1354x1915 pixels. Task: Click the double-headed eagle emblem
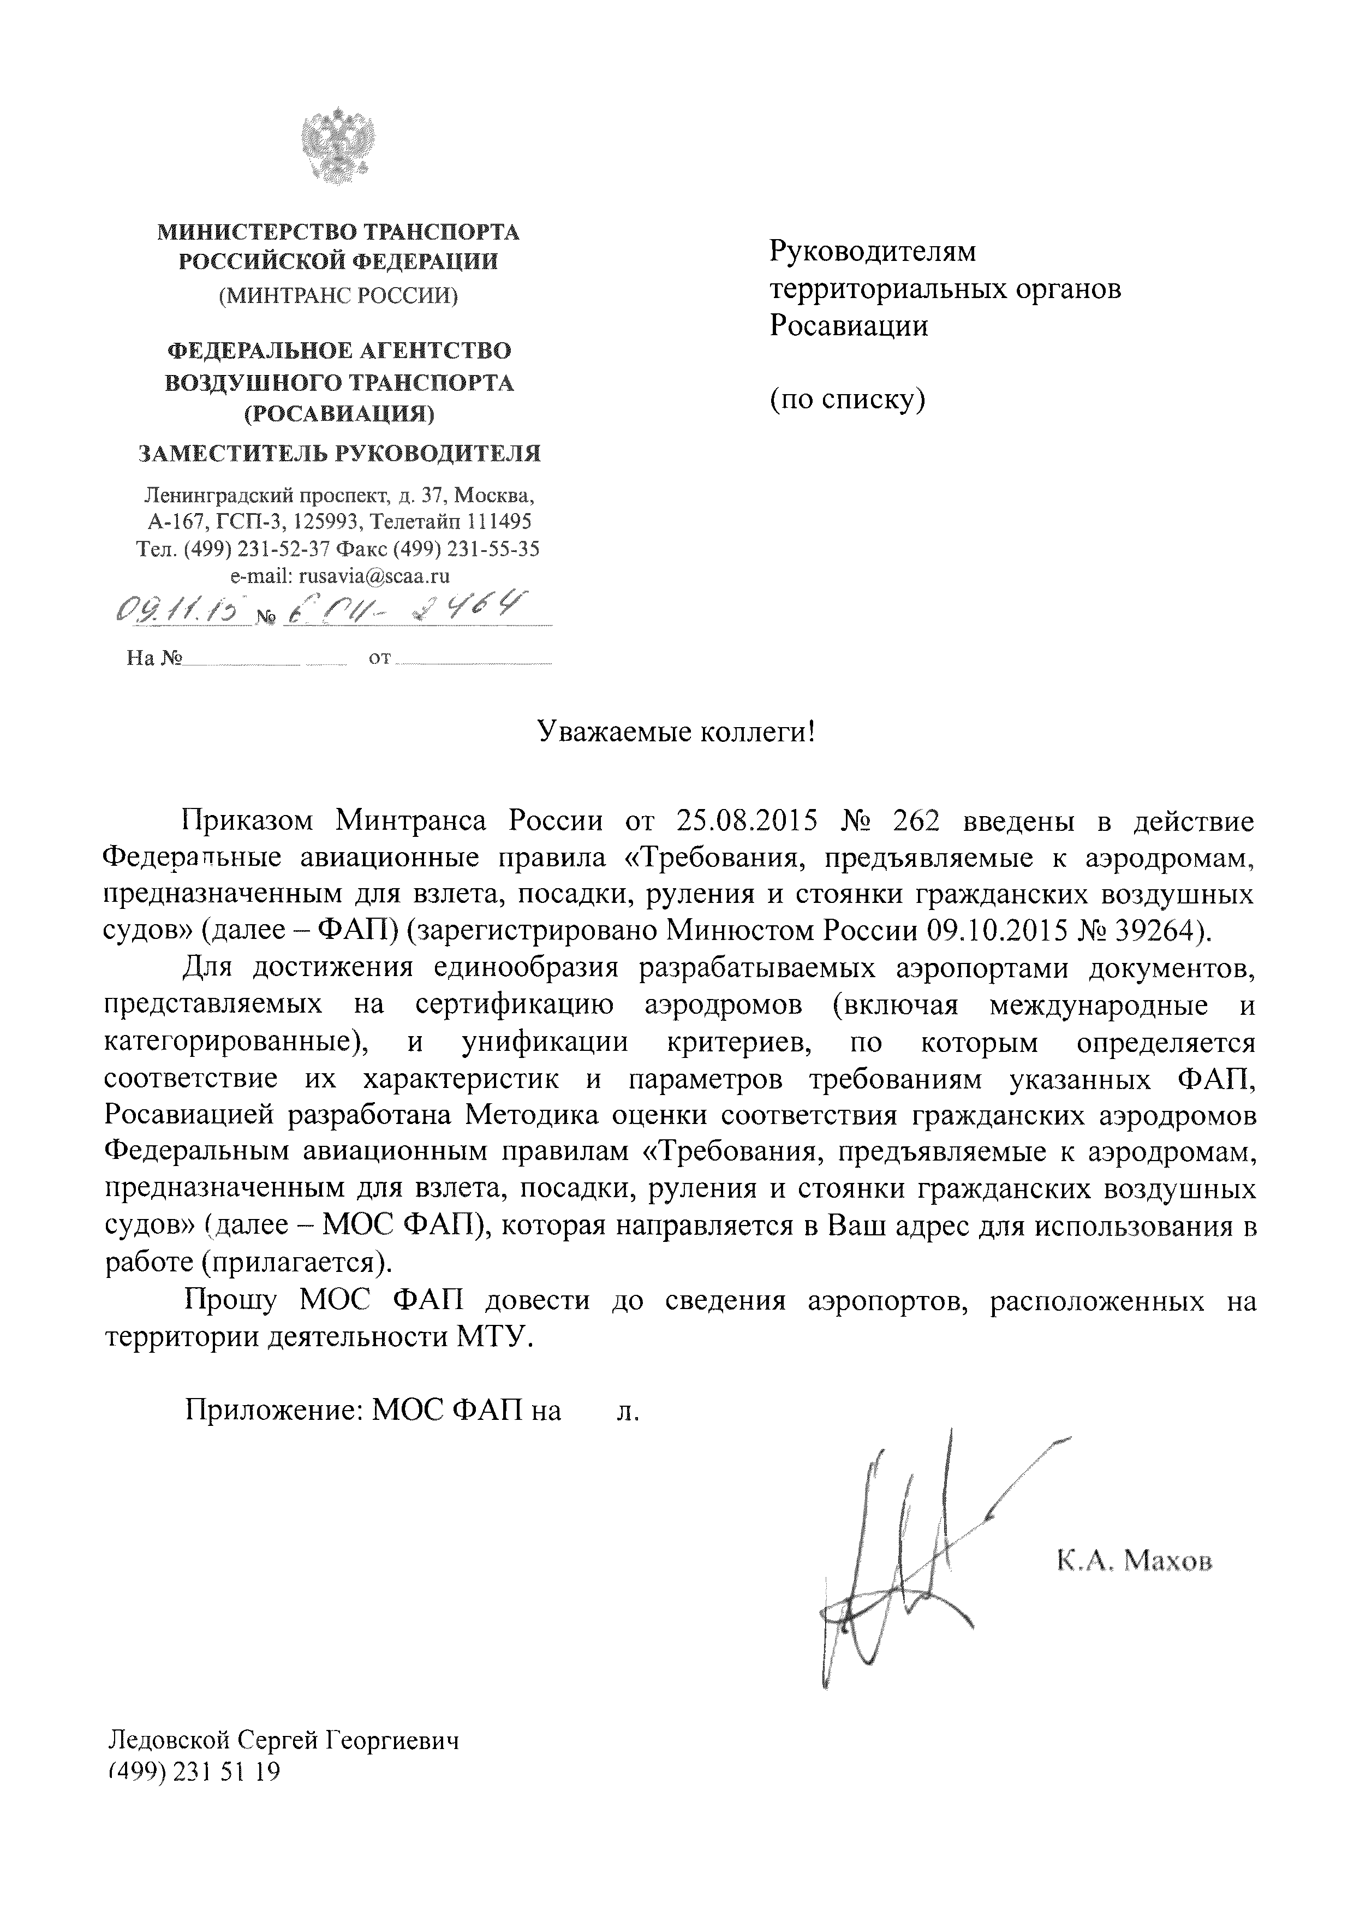pos(338,144)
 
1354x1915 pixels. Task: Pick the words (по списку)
pos(847,400)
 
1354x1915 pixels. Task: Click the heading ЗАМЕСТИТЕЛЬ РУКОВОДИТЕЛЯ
pos(338,454)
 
